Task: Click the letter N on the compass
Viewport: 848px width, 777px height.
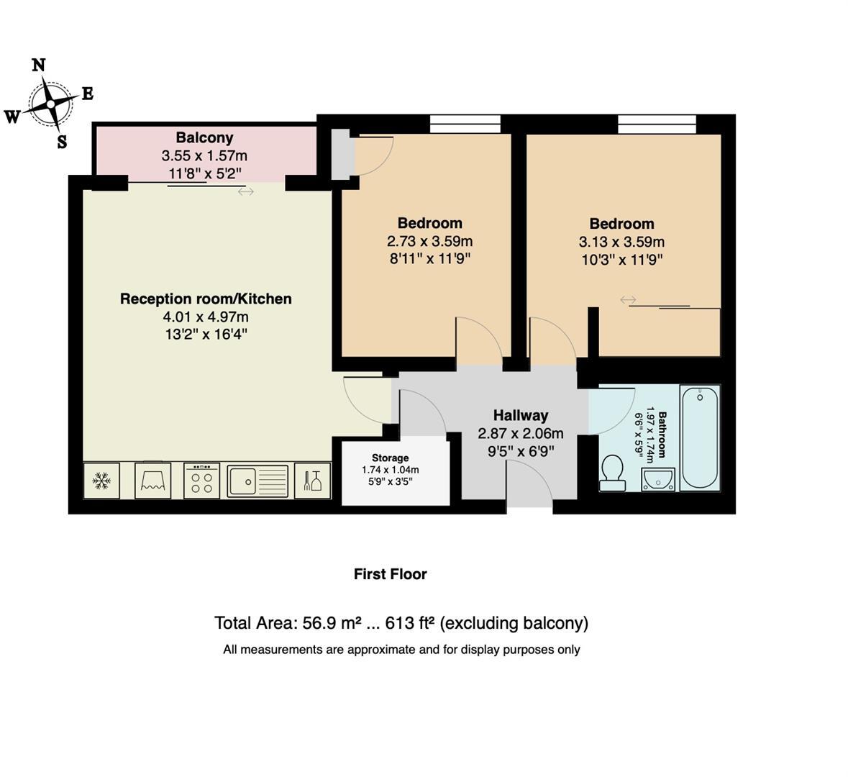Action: (39, 65)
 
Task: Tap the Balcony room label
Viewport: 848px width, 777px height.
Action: (204, 137)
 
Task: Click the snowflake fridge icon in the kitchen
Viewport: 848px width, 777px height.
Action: (101, 481)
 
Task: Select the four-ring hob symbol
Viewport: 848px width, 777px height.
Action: (201, 481)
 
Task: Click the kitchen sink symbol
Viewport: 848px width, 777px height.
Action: (257, 481)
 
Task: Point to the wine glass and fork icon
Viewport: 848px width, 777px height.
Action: (313, 481)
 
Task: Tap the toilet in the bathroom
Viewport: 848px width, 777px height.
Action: (613, 473)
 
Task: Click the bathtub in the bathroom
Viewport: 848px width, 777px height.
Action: (700, 437)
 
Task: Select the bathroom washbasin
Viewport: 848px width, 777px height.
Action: (657, 478)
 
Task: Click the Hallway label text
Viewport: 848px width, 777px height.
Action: (520, 415)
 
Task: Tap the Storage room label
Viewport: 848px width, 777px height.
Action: (390, 458)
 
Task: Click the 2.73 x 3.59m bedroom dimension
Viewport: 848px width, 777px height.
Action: (429, 241)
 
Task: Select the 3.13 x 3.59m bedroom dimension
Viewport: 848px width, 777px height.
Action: (621, 242)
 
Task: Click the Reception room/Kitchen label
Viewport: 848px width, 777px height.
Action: (206, 299)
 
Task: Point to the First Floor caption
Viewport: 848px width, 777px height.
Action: (390, 574)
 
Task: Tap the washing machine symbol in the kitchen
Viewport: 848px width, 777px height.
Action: (152, 480)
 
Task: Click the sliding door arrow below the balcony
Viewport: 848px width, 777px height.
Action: (246, 191)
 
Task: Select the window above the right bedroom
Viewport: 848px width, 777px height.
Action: (657, 124)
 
